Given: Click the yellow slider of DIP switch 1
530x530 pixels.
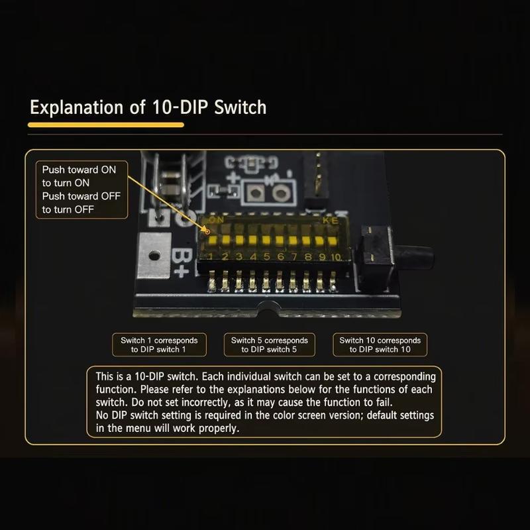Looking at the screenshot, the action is (213, 240).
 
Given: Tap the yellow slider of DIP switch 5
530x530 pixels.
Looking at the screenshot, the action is (266, 240).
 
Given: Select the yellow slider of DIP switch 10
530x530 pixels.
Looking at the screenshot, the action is (333, 241).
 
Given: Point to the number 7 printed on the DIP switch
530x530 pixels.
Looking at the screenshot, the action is (293, 256).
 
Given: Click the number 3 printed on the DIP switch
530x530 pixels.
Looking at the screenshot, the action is (239, 256).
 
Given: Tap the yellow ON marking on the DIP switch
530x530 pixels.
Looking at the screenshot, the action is (217, 220).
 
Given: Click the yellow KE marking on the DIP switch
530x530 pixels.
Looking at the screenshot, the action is (330, 221).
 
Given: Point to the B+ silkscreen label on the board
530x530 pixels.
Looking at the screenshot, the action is (180, 263).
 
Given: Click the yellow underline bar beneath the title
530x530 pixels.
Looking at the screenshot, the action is (106, 125).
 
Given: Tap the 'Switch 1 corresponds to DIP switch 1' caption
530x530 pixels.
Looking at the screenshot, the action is (159, 344).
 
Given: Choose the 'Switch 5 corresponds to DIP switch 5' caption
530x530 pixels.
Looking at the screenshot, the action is (270, 344).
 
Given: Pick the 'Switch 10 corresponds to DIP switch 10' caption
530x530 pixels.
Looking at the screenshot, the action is (380, 344).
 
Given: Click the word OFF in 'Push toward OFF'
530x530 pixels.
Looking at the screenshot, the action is (110, 196).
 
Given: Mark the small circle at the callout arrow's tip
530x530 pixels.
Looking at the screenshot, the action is (207, 231).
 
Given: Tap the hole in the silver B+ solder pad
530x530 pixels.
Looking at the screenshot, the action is (154, 256).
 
